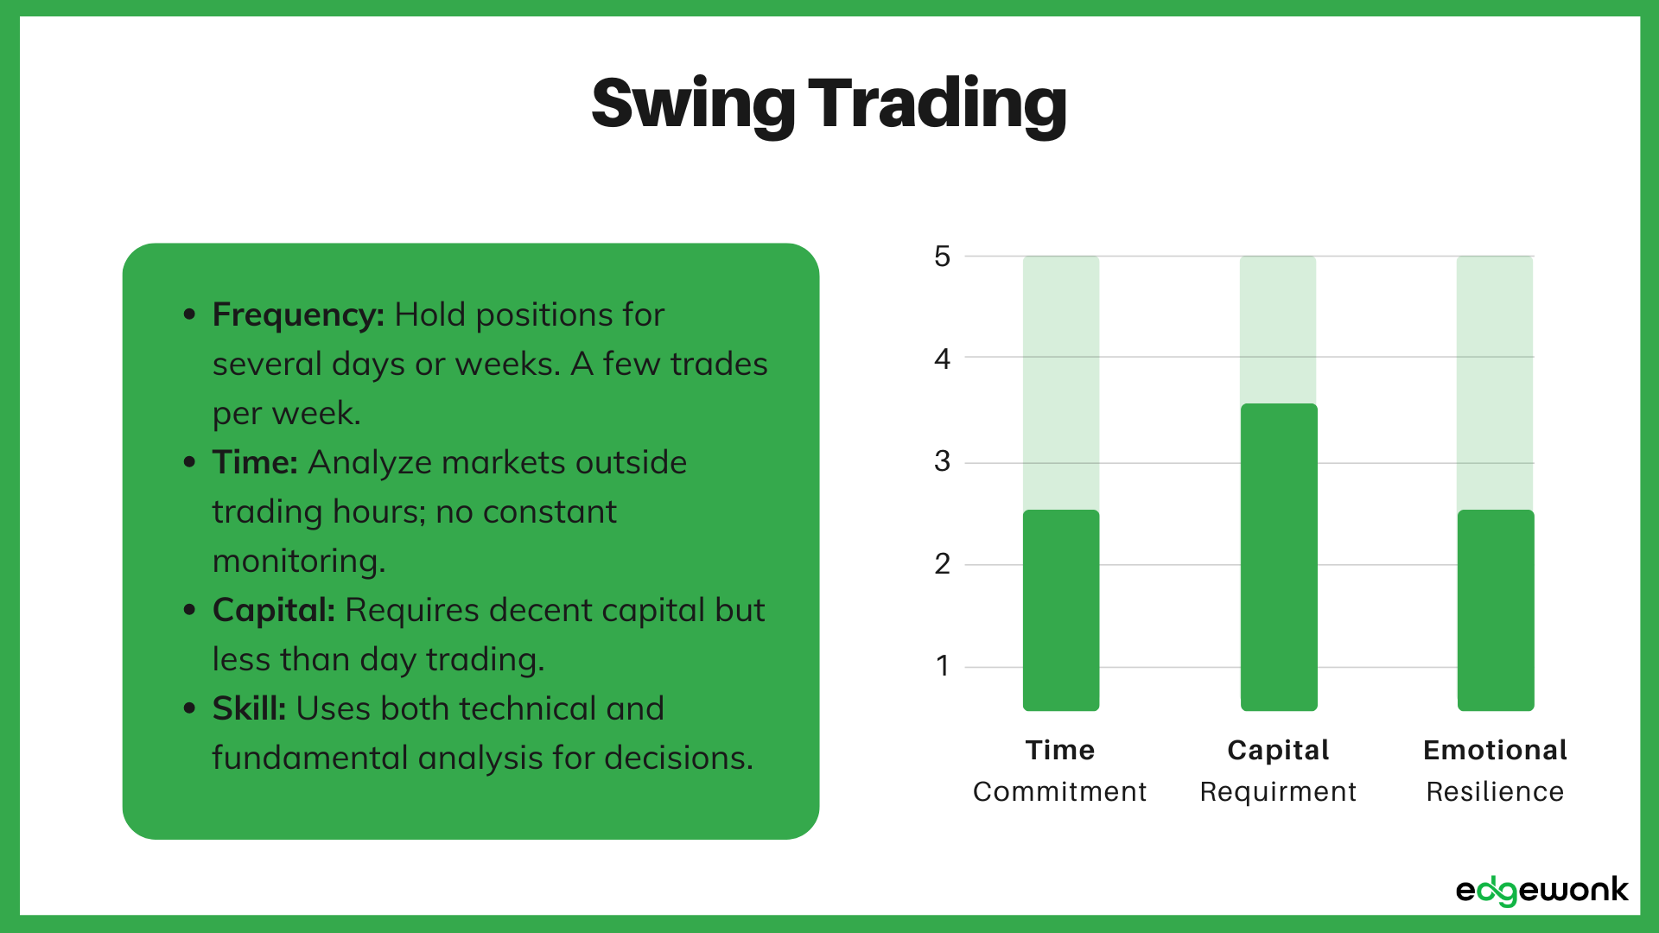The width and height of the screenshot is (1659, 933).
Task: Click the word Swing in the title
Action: pyautogui.click(x=692, y=105)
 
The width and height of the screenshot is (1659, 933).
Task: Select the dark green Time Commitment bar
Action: pyautogui.click(x=1061, y=610)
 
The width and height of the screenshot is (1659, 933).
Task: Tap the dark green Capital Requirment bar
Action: pyautogui.click(x=1279, y=557)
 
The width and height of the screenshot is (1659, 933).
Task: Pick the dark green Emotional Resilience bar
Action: pyautogui.click(x=1496, y=610)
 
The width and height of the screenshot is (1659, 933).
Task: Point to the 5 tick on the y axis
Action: pyautogui.click(x=942, y=257)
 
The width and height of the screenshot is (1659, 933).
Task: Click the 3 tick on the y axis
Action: pyautogui.click(x=942, y=461)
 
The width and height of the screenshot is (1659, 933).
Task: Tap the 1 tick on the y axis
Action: pyautogui.click(x=942, y=666)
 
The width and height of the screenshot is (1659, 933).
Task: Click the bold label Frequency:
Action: pyautogui.click(x=298, y=314)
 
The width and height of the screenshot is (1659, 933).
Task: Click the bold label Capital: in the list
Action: pyautogui.click(x=273, y=610)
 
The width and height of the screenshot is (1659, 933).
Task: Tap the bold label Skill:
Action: pyautogui.click(x=249, y=708)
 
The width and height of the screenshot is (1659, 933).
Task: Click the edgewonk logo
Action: pyautogui.click(x=1541, y=891)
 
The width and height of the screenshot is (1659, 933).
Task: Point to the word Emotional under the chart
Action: pyautogui.click(x=1495, y=750)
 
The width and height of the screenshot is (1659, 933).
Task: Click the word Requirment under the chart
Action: pyautogui.click(x=1278, y=791)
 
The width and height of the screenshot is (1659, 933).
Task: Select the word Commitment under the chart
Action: pyautogui.click(x=1059, y=791)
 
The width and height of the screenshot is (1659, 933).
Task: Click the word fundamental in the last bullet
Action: pyautogui.click(x=310, y=758)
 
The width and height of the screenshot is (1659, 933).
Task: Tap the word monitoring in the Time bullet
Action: pyautogui.click(x=298, y=562)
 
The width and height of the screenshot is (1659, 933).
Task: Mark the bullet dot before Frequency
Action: pyautogui.click(x=190, y=314)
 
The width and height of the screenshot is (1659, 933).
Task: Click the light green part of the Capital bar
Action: pyautogui.click(x=1279, y=329)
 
